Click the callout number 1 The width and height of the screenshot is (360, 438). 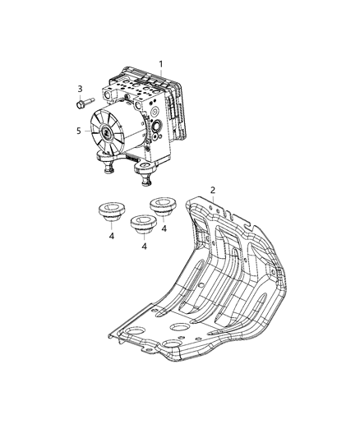[x=161, y=63]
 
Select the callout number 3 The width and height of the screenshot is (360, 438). [x=80, y=89]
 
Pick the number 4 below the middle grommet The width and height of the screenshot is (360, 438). [x=145, y=245]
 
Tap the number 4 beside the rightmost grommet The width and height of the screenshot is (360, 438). [x=164, y=229]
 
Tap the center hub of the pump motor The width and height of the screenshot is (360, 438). [x=110, y=131]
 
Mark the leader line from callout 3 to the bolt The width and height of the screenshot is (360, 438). [x=81, y=97]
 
